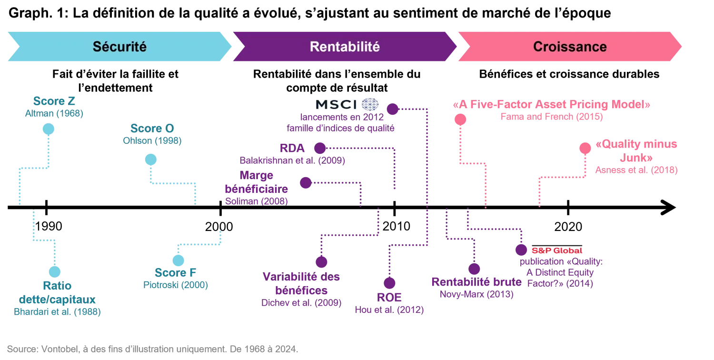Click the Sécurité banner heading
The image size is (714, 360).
point(119,47)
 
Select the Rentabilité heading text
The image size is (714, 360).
point(345,47)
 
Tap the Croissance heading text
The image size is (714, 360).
point(570,47)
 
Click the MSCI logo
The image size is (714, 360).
point(347,104)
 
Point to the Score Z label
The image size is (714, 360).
point(53,101)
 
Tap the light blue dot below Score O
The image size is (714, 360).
point(150,160)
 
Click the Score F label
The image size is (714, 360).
point(176,273)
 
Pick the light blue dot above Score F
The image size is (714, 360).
point(178,260)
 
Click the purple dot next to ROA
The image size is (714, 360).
point(321,148)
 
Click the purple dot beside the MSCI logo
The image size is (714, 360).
point(392,110)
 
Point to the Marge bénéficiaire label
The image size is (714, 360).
point(256,182)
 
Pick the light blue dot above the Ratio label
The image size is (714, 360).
point(57,270)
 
